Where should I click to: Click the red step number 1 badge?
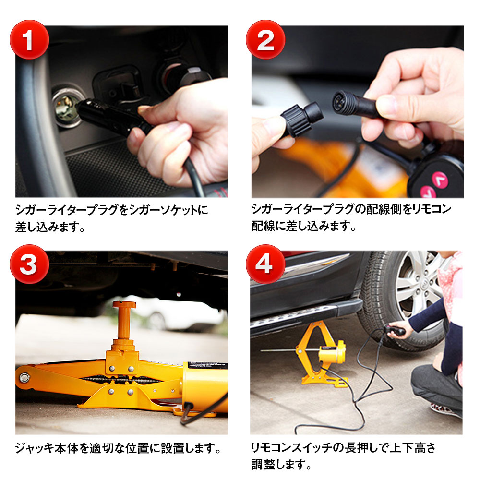point(29,39)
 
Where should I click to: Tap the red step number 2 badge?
point(265,39)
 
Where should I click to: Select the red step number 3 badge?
point(29,264)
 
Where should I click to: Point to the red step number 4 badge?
point(265,264)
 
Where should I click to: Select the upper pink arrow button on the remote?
point(440,180)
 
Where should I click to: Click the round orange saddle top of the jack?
point(124,305)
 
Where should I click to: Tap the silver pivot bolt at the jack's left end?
point(24,377)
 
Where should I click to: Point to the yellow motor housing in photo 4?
point(333,351)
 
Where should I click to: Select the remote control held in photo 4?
point(396,331)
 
